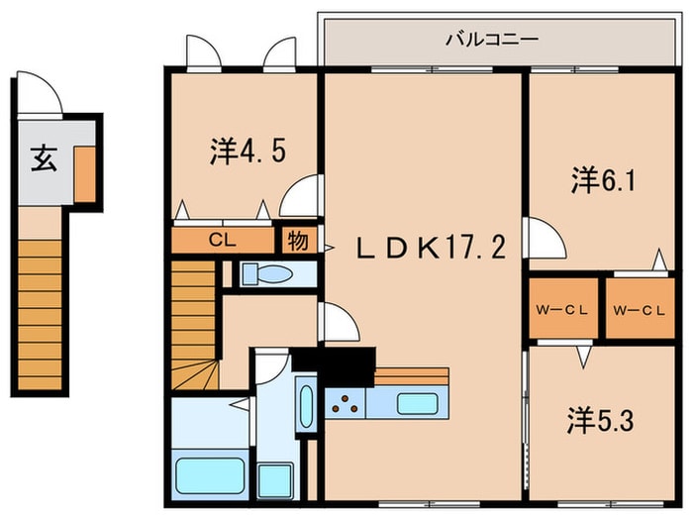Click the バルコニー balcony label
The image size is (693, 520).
coord(491,40)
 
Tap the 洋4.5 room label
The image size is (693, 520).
coord(248,152)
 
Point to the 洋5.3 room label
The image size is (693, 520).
coord(600,420)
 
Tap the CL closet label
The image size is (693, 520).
coord(221,239)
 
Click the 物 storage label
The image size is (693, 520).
coord(296,239)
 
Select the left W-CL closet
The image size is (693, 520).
coord(562,309)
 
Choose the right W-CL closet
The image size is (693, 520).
coord(639,309)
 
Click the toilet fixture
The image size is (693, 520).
coord(267,274)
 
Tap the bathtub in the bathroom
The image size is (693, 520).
coord(211,475)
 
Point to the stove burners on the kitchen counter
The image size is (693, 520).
coord(346,404)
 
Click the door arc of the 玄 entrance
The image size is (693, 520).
coord(42,95)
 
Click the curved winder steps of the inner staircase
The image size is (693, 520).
coord(194,374)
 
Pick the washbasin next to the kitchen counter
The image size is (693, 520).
coord(305,406)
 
